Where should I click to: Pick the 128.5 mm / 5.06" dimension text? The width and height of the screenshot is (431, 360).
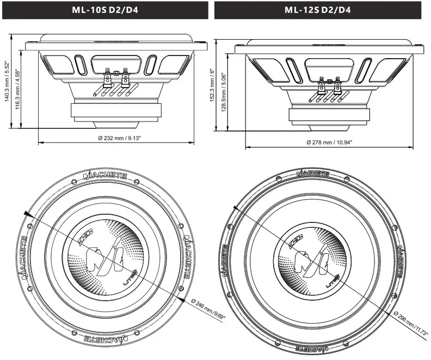point(224,92)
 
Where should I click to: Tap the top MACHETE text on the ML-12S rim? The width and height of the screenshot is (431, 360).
point(312,173)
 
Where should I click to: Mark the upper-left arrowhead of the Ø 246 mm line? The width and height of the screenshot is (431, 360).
point(26,213)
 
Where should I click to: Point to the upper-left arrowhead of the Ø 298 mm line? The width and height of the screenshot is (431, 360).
point(235,208)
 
